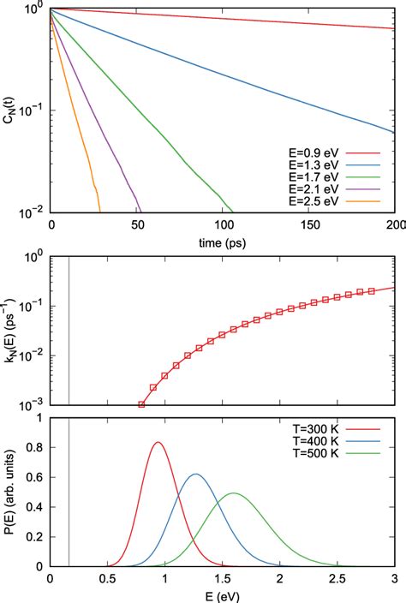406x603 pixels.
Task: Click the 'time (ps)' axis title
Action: click(x=223, y=242)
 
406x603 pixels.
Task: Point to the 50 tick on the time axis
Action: click(x=137, y=226)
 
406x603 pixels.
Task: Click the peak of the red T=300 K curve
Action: click(x=158, y=442)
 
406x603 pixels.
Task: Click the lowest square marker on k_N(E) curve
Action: click(x=142, y=404)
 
